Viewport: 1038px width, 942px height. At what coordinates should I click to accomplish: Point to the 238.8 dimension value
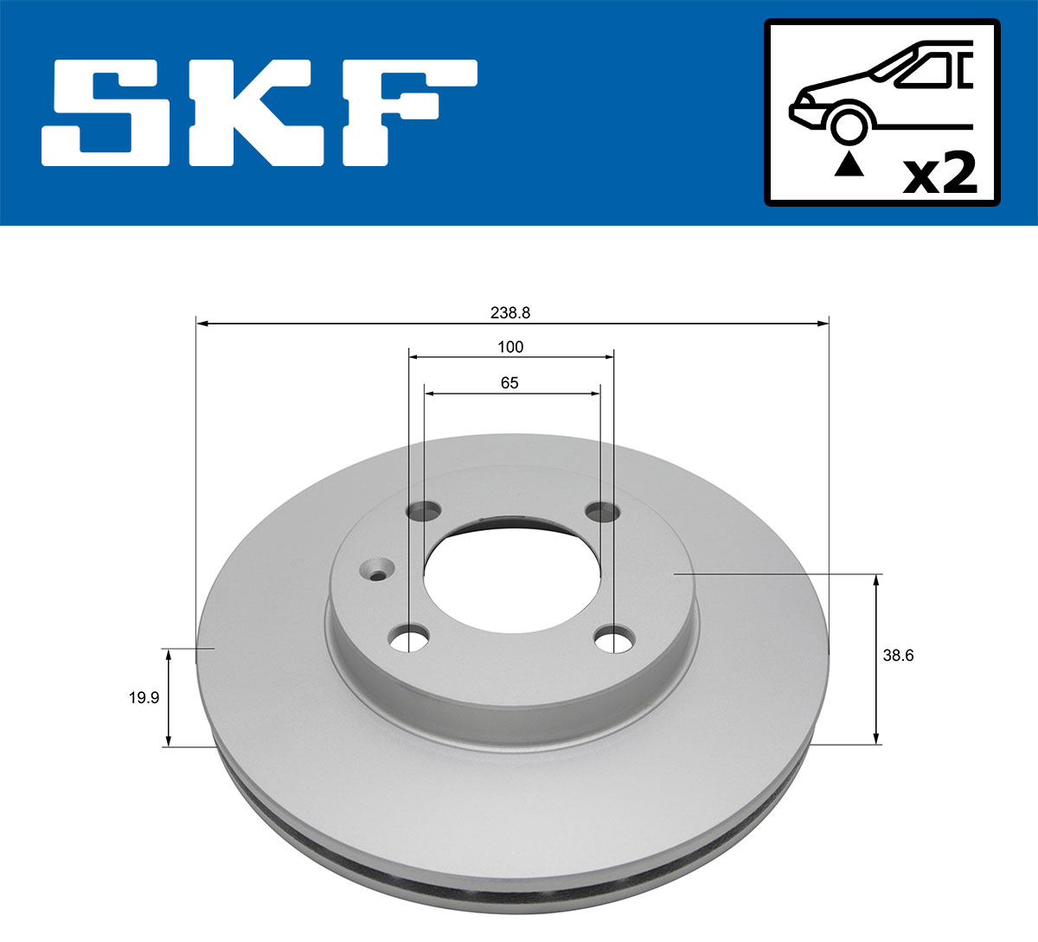coord(510,313)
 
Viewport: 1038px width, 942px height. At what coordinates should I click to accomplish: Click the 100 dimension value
coord(510,347)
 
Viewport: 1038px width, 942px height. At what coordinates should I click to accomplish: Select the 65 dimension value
coord(509,382)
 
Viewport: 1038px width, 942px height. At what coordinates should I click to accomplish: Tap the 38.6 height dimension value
coord(898,655)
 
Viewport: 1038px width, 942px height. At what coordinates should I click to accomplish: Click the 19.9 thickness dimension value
coord(144,697)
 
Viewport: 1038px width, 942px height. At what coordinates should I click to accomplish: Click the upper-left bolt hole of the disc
coord(424,511)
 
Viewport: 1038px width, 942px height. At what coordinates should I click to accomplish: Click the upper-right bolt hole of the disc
coord(601,512)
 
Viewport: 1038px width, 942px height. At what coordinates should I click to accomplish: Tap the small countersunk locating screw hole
coord(377,572)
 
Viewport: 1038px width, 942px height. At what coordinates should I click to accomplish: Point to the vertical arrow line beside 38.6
coord(877,658)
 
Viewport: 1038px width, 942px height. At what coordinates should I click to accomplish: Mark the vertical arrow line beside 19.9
coord(169,697)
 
